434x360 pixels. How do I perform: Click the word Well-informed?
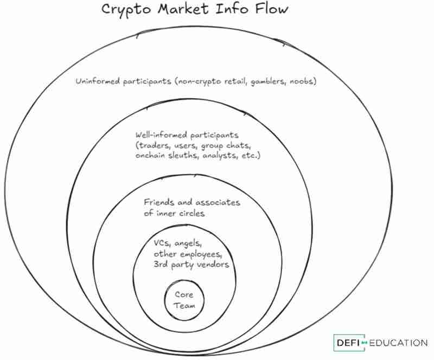162,134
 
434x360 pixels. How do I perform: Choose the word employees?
201,254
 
